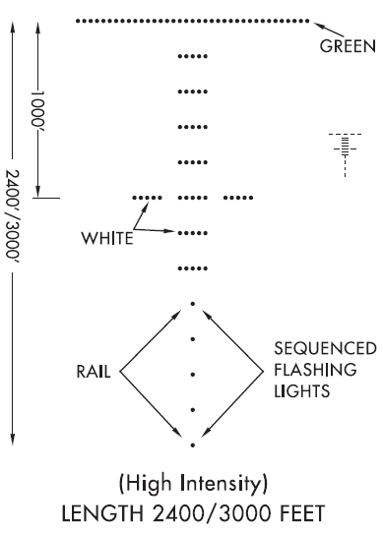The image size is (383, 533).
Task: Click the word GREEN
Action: point(347,45)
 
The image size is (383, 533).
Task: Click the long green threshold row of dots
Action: point(192,20)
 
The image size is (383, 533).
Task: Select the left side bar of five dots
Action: point(148,198)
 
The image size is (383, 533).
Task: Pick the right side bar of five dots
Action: point(239,198)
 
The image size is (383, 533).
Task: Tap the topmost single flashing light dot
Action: point(193,304)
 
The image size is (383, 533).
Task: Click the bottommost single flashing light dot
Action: point(193,445)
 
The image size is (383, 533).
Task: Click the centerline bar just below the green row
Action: point(193,56)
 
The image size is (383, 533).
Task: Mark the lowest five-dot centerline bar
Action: point(193,267)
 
